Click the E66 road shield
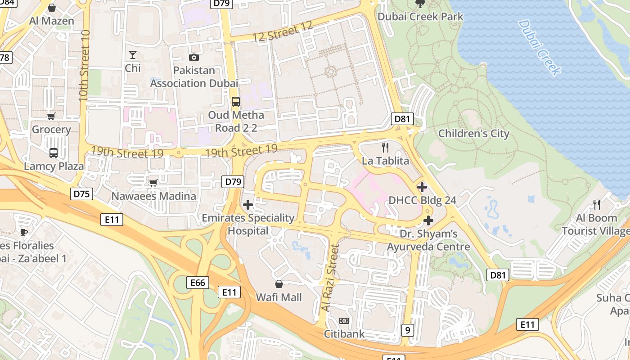coord(198,283)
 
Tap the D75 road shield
coord(82,194)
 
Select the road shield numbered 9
coord(407,330)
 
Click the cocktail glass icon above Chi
coord(133,55)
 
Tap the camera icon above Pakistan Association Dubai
coord(194,57)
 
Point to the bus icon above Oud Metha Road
coord(236,102)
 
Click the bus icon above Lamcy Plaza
coord(54,153)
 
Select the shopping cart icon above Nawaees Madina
coord(153,183)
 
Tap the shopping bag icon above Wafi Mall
coord(279,284)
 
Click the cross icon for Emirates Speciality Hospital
coord(247,205)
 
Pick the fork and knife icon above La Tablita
coord(385,147)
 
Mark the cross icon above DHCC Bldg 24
coord(422,187)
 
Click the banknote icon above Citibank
coord(344,321)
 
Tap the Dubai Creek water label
coord(540,47)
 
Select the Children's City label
coord(473,134)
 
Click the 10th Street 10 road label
coord(84,66)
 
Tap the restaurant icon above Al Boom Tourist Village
coord(597,205)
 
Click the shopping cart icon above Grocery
coord(51,117)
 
